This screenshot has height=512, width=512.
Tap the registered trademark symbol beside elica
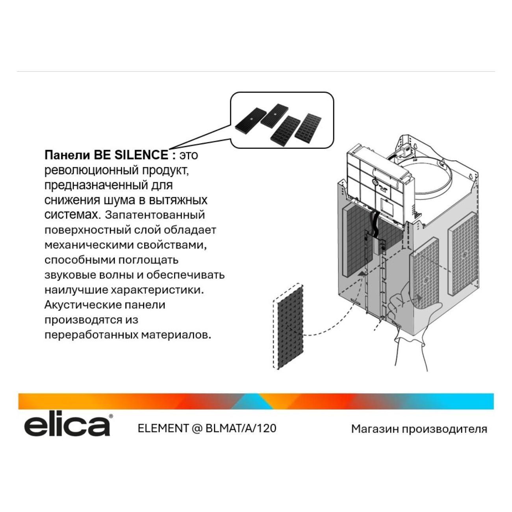tap(111, 416)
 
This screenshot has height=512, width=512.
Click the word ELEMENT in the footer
tap(163, 428)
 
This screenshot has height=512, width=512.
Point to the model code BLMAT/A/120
tap(241, 428)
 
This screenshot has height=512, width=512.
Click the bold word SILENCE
tap(141, 155)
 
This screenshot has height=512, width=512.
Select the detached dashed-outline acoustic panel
tap(288, 326)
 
